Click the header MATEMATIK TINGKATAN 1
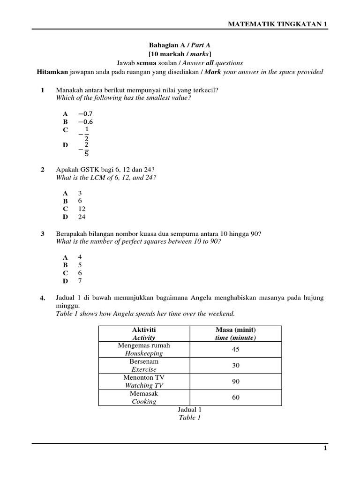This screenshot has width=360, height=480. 277,24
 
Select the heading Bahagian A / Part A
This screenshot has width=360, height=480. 180,45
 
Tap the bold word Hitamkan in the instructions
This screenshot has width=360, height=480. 52,72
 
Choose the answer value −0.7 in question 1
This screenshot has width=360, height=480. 85,113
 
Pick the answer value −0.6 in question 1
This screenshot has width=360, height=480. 85,121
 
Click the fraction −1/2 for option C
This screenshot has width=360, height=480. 84,134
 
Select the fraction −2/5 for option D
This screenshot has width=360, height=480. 84,150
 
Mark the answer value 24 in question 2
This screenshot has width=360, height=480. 82,217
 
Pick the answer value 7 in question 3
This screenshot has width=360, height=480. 80,281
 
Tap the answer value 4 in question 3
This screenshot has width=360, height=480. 80,257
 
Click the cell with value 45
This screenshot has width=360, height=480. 236,349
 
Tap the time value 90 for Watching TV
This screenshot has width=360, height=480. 236,382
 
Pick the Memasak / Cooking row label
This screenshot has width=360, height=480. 144,397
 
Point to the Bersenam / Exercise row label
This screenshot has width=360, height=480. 144,366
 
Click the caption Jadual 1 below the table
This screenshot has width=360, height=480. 189,410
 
